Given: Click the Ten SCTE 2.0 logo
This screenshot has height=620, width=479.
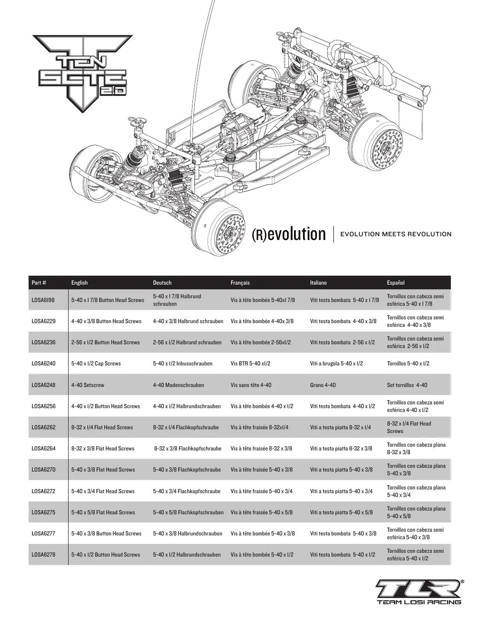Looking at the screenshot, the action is coord(83,73).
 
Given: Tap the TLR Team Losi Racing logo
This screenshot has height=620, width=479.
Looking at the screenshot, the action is coord(419,592).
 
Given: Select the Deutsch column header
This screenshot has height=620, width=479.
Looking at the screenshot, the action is coord(162,283).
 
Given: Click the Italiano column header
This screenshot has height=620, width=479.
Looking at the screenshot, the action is coord(318,283).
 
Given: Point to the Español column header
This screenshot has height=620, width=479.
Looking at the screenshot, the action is coord(396,283).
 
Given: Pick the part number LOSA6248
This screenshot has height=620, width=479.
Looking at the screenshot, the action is coord(43,385).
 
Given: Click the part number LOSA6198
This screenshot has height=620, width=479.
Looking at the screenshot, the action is coord(43,300).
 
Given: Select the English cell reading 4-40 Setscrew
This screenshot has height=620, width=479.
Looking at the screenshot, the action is coord(88,385).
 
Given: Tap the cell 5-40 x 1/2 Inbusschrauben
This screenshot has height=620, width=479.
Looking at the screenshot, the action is coord(183,364).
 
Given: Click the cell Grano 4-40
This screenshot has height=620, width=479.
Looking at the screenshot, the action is coord(323,385).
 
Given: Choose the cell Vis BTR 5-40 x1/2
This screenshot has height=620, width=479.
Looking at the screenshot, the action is coord(250,364).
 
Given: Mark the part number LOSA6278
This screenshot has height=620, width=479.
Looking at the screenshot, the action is coord(43,554).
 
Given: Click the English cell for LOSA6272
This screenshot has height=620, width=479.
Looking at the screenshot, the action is coord(103,491).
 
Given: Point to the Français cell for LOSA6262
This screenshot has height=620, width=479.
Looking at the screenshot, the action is coord(259,427).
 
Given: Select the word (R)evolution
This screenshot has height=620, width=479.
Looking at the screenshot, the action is coord(288,234).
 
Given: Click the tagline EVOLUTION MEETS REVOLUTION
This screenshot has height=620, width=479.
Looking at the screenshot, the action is coord(396,234).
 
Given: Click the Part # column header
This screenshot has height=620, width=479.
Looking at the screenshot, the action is coord(39,283).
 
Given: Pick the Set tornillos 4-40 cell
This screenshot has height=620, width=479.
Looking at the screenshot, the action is coord(407,385).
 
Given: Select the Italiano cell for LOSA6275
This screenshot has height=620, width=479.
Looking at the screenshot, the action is coord(341,512).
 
